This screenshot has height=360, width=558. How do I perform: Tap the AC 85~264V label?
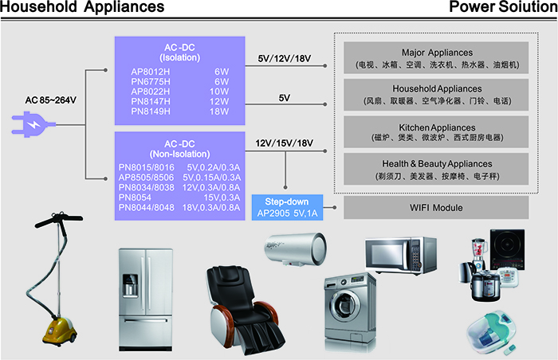(50, 100)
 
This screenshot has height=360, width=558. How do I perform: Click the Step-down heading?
(286, 202)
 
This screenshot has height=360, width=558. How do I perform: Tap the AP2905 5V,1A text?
(286, 213)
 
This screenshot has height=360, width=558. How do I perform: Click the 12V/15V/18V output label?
(284, 143)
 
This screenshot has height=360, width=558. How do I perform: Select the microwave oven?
(399, 254)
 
